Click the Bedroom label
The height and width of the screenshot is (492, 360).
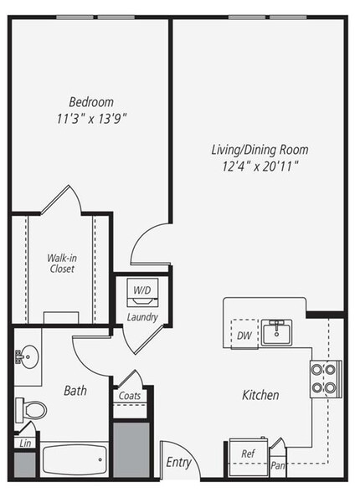click(91, 101)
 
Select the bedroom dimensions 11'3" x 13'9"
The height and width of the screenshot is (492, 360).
click(91, 118)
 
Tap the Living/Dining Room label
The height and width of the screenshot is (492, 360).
click(259, 150)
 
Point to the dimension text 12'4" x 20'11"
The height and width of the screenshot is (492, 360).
click(259, 166)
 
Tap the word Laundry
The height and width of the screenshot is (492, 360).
click(142, 318)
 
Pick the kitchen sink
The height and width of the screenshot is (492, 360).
click(277, 332)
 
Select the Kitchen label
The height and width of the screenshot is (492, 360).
click(260, 395)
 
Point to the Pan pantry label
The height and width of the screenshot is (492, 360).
click(277, 464)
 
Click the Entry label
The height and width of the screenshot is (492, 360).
click(178, 463)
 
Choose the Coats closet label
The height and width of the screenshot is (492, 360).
click(131, 396)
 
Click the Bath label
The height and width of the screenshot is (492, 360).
click(75, 390)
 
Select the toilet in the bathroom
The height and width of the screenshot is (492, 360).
click(30, 410)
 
